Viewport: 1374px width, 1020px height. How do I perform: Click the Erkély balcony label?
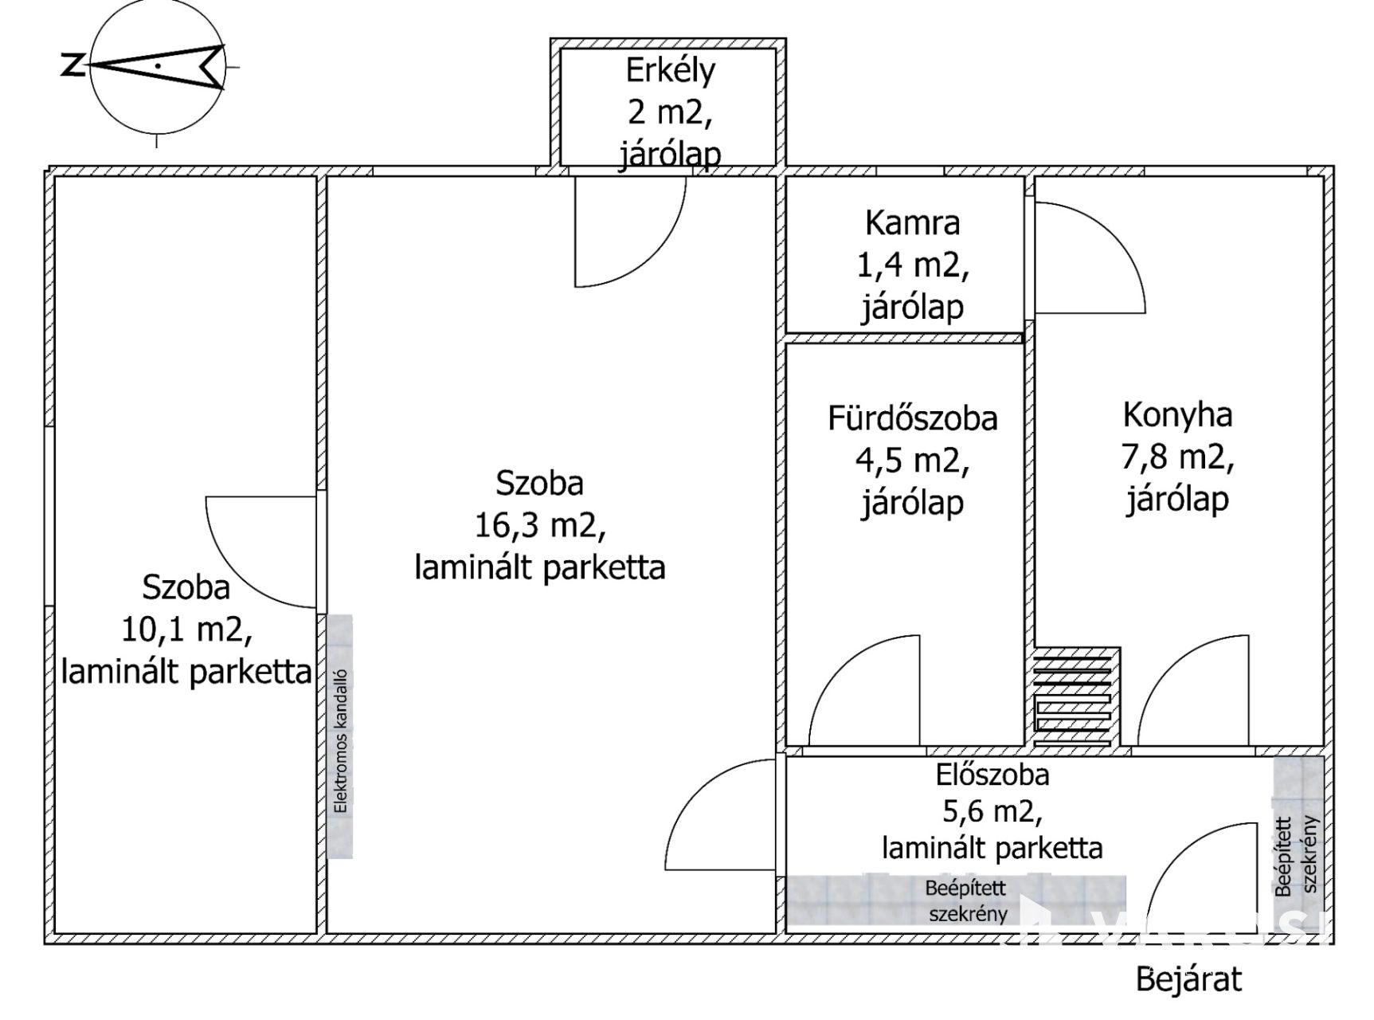(x=670, y=71)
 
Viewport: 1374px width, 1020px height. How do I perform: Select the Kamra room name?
(x=912, y=223)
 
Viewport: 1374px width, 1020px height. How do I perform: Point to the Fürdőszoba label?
(x=912, y=419)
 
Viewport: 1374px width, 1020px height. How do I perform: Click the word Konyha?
(x=1177, y=415)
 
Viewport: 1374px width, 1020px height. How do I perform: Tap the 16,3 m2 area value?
(x=540, y=525)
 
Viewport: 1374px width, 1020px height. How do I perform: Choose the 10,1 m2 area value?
(x=186, y=630)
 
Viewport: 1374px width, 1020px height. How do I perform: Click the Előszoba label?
(x=992, y=775)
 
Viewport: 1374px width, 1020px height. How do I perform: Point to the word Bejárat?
(x=1188, y=979)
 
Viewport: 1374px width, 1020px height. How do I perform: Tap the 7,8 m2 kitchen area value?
(x=1177, y=457)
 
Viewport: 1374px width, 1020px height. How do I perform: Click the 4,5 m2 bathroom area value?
(x=912, y=461)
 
